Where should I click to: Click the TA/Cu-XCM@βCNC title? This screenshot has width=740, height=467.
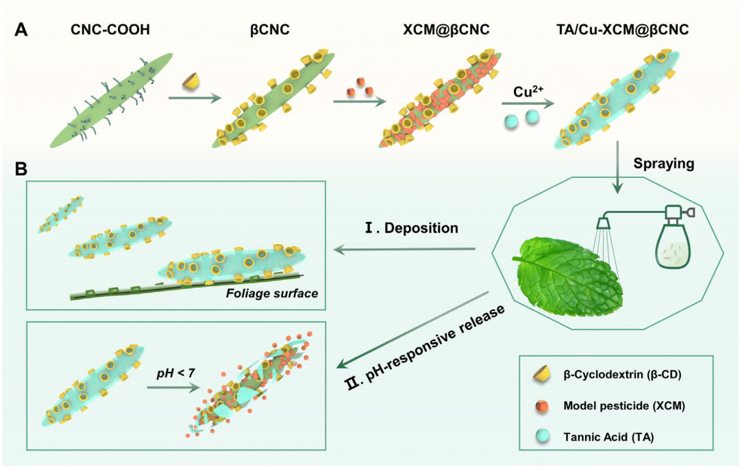[618, 30]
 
